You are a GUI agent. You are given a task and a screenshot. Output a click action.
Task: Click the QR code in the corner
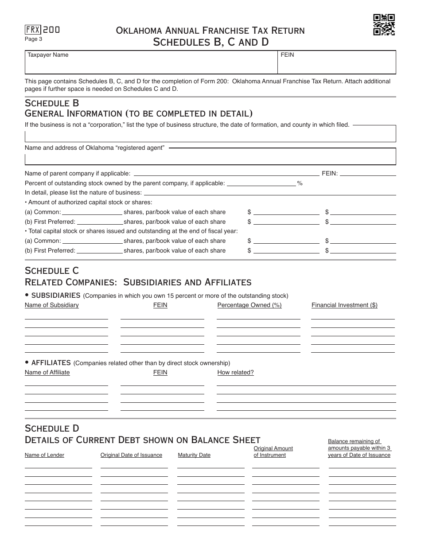[x=384, y=25]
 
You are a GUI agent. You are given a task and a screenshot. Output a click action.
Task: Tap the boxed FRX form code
[x=33, y=30]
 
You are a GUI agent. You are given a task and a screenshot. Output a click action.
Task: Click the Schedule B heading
[x=52, y=103]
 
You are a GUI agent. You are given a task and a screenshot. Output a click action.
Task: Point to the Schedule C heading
[x=52, y=271]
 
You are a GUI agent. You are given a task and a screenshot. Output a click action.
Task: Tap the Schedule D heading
[x=52, y=428]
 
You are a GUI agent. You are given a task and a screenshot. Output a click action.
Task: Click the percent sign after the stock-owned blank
[x=300, y=183]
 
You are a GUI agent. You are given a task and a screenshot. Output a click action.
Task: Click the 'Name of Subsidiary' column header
[x=51, y=305]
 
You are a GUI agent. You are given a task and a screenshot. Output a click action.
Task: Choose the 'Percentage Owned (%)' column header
[x=249, y=305]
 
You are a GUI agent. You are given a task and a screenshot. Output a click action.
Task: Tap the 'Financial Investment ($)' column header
[x=344, y=305]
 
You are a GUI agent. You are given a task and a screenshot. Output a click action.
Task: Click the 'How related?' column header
[x=235, y=373]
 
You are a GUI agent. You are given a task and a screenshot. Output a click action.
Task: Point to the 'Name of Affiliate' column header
[x=47, y=373]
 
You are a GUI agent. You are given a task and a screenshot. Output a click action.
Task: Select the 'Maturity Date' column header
[x=194, y=455]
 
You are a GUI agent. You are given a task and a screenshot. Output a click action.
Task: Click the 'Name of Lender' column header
[x=44, y=455]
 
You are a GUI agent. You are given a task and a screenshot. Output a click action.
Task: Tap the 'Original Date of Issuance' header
[x=131, y=455]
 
